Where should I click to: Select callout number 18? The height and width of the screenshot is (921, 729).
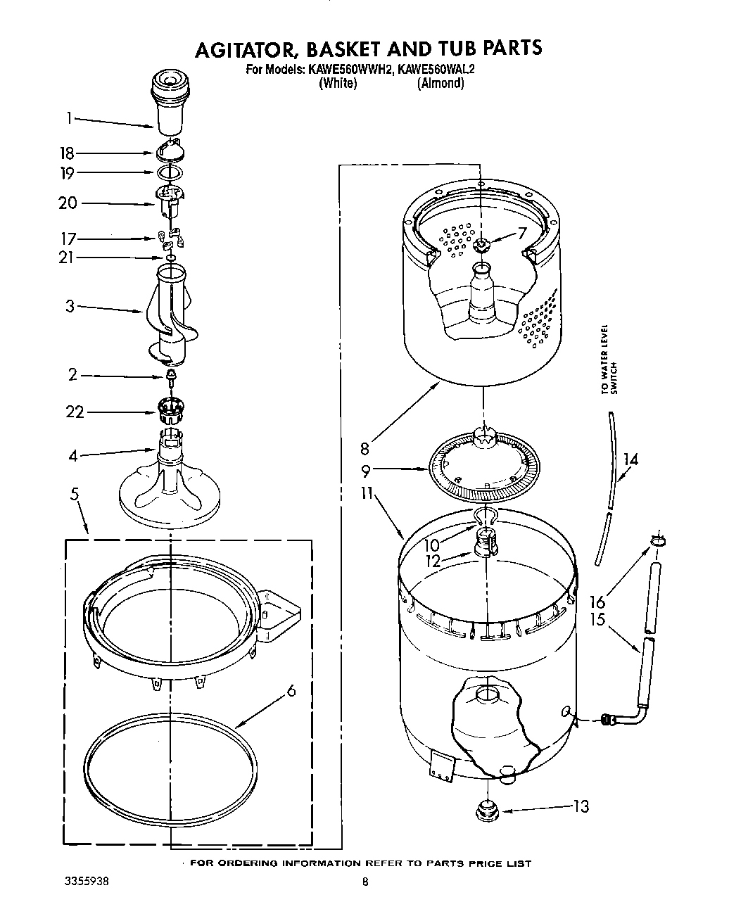pyautogui.click(x=67, y=154)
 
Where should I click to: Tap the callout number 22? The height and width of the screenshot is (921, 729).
pyautogui.click(x=75, y=412)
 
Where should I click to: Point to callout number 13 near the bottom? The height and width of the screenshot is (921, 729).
pyautogui.click(x=581, y=806)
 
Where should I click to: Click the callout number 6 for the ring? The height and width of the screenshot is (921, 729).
pyautogui.click(x=290, y=690)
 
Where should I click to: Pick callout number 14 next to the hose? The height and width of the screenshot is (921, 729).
pyautogui.click(x=630, y=459)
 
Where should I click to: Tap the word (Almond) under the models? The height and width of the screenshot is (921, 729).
pyautogui.click(x=440, y=83)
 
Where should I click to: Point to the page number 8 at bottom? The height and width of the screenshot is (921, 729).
pyautogui.click(x=364, y=880)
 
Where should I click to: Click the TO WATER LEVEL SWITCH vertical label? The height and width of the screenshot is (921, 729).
pyautogui.click(x=609, y=371)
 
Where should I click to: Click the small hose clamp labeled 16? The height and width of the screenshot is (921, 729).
pyautogui.click(x=657, y=540)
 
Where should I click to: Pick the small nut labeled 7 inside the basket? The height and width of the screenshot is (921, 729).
pyautogui.click(x=481, y=245)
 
